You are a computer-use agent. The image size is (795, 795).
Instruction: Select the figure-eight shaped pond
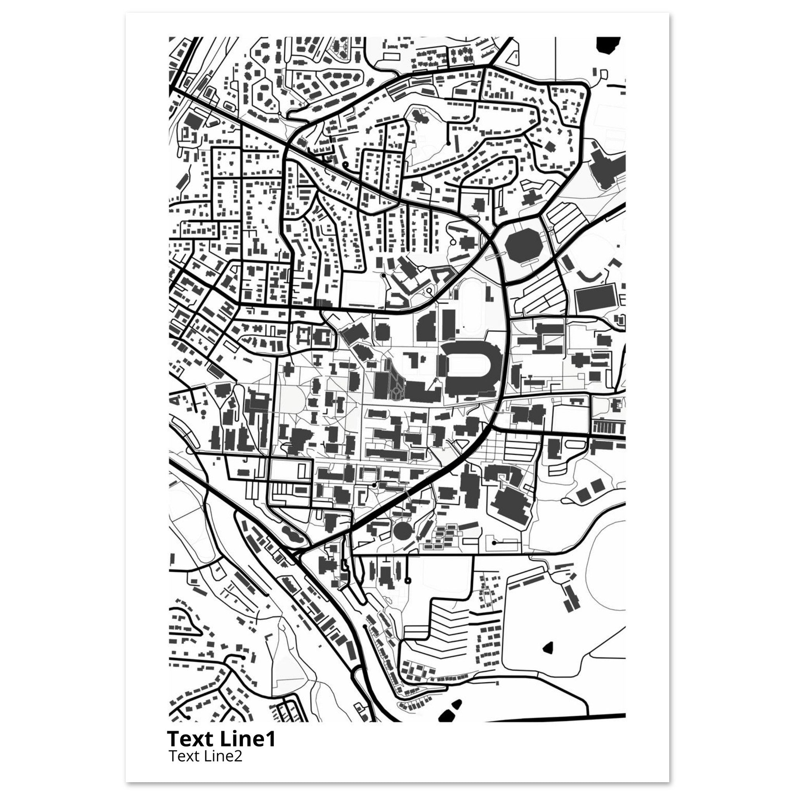tap(292, 535)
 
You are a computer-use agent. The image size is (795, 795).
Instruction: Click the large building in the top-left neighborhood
tap(192, 120)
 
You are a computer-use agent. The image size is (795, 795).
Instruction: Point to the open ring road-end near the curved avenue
tap(429, 291)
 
